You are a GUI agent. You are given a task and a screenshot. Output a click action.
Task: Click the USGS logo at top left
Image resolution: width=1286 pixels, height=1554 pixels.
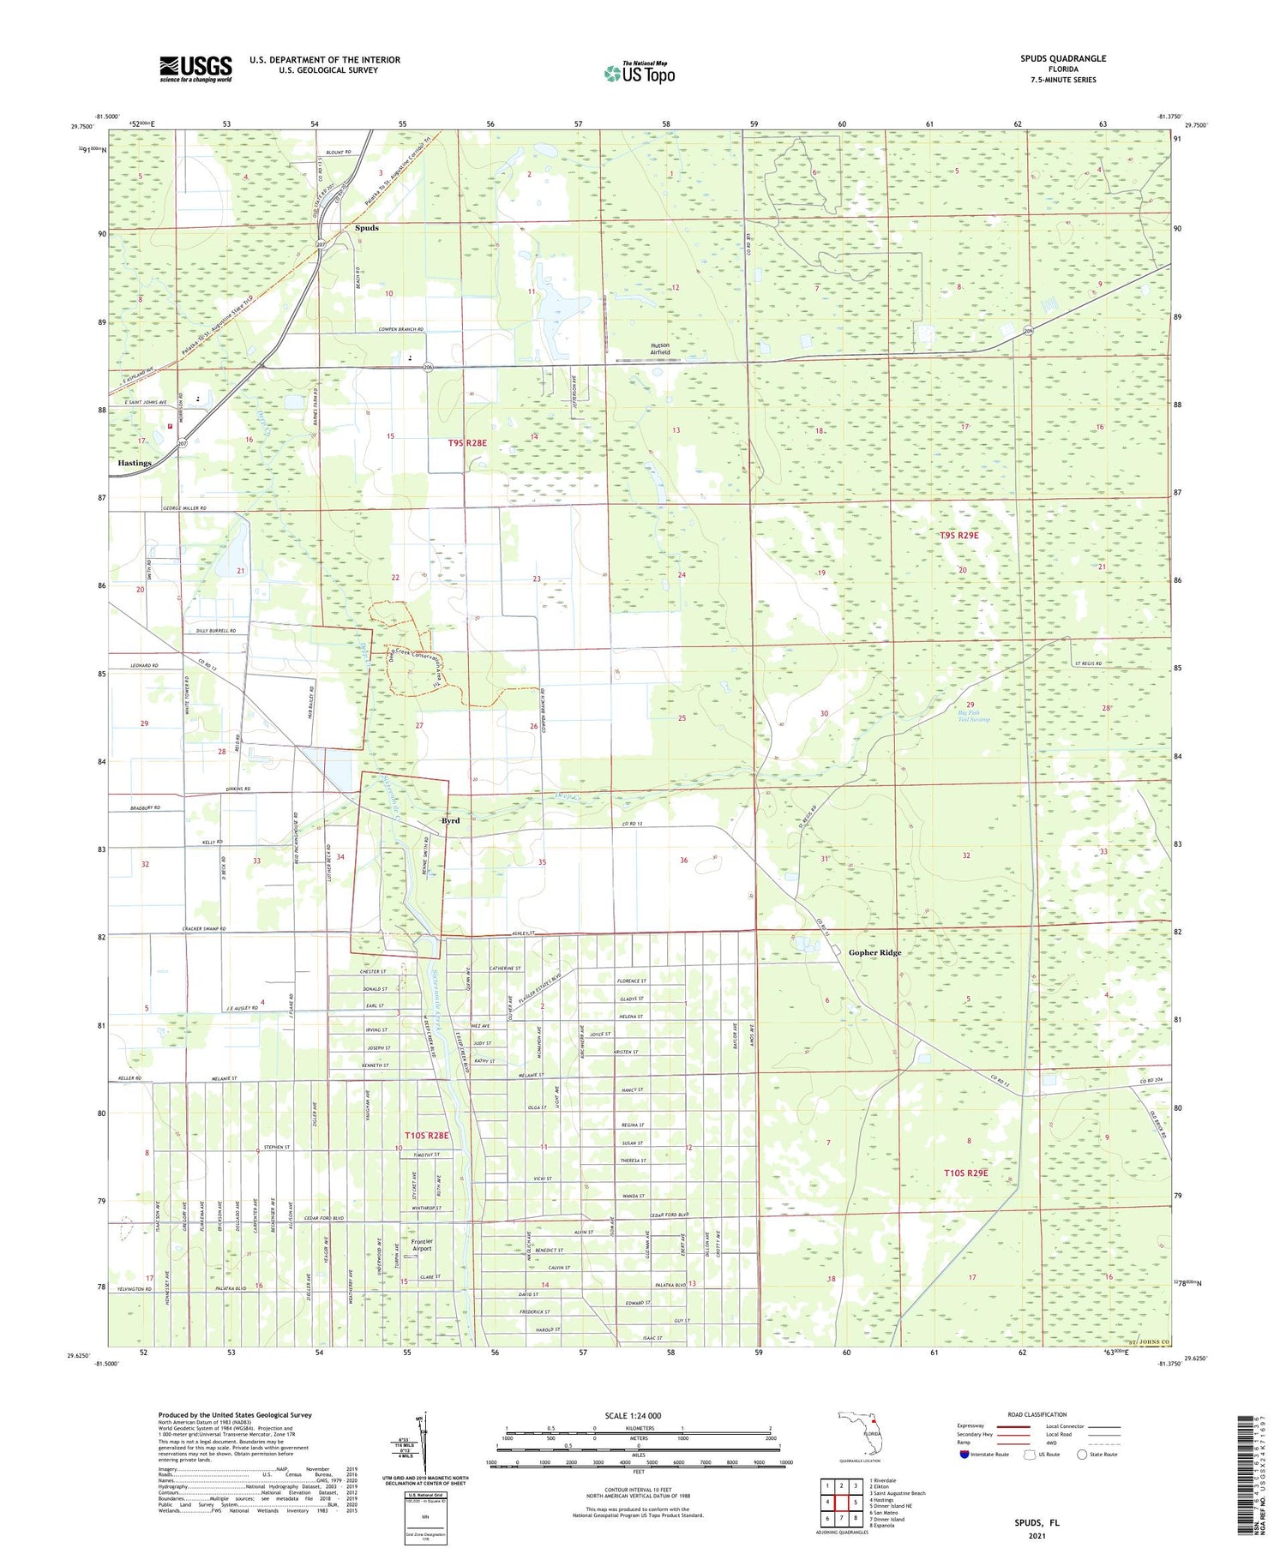(x=195, y=69)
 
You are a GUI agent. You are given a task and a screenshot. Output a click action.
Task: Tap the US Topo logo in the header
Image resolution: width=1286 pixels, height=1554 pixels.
(x=640, y=74)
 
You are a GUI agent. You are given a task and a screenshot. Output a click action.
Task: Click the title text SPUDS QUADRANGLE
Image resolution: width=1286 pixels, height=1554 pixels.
(x=1062, y=58)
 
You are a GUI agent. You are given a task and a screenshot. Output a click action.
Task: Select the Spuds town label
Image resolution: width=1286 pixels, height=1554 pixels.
(x=366, y=228)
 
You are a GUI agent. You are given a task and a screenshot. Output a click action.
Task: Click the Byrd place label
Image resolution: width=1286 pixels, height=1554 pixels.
(x=450, y=820)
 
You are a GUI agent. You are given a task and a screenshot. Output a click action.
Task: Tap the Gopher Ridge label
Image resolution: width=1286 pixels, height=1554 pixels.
(x=874, y=952)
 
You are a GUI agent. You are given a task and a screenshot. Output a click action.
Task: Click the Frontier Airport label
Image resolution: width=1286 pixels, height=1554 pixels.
(x=422, y=1245)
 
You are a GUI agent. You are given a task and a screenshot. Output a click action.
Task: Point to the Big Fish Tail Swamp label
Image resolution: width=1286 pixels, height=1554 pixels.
(x=974, y=716)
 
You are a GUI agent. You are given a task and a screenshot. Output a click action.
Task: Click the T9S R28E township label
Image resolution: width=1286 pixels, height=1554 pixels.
(x=467, y=443)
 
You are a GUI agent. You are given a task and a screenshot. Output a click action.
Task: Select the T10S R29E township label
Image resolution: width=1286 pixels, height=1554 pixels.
(x=965, y=1173)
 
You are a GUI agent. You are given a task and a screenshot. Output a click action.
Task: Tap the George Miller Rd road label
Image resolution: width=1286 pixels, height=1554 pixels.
(x=184, y=508)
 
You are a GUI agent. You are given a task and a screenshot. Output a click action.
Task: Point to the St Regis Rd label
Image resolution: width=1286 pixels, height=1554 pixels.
(x=1087, y=663)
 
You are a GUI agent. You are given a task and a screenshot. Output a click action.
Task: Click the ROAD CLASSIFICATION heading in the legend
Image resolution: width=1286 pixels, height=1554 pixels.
(x=1037, y=1414)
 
